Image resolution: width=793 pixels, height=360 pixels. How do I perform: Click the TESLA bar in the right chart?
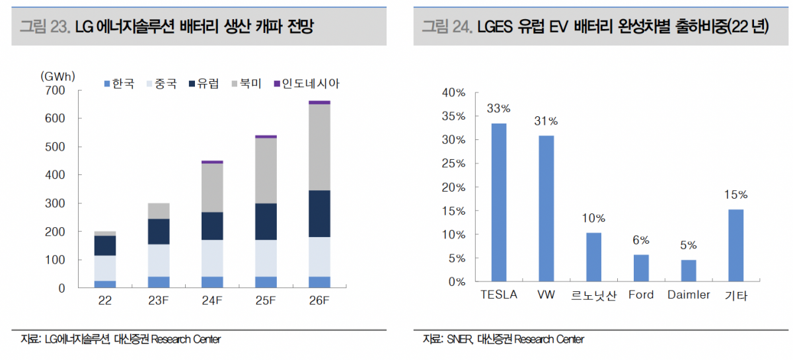[499, 203]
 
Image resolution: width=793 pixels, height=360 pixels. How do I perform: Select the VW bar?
[547, 209]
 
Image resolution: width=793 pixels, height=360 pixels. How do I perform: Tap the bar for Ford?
[641, 268]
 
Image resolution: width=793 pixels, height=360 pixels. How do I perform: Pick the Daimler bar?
[689, 271]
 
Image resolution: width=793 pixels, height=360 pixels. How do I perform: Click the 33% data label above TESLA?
[499, 108]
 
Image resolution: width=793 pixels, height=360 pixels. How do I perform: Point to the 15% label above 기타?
[736, 195]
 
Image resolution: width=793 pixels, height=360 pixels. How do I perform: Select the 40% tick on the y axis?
[453, 92]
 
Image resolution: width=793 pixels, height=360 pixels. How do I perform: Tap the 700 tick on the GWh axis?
[56, 90]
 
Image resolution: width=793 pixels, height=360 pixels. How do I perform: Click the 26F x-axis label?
[319, 302]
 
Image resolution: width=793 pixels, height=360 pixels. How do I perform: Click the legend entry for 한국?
[118, 84]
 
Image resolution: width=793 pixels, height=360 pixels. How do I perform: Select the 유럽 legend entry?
[204, 84]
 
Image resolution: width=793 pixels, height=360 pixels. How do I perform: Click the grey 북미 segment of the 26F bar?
[319, 147]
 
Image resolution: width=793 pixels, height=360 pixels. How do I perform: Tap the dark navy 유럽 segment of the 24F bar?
[212, 226]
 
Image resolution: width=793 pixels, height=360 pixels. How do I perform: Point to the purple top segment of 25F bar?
[266, 136]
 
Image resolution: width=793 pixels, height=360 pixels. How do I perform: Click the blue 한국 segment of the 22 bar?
[105, 285]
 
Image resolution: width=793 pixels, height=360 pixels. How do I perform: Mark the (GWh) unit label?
[58, 76]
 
